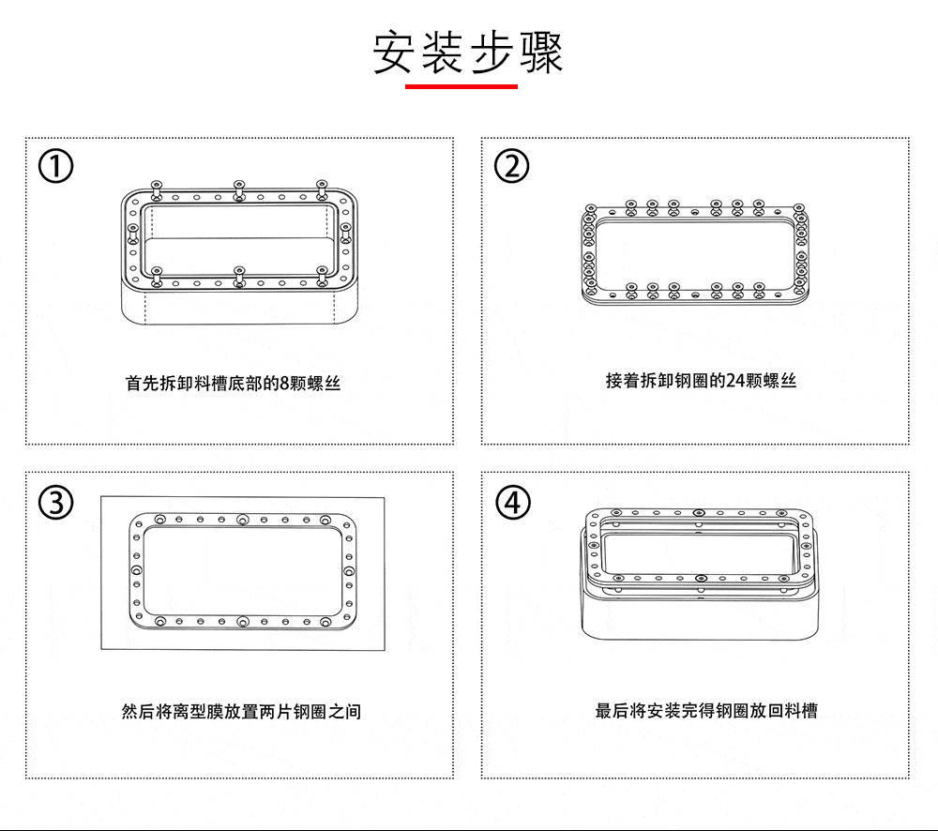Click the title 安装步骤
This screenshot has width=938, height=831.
pos(468,53)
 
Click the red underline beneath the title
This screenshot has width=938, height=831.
pos(461,86)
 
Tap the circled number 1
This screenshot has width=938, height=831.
pos(56,167)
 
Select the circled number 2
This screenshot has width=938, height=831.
pos(511,167)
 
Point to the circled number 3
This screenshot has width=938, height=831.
pos(56,503)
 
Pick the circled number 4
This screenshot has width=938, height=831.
pos(511,503)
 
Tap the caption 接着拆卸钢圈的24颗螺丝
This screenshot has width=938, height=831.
pos(701,380)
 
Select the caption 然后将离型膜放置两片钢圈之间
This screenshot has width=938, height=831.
pos(241,711)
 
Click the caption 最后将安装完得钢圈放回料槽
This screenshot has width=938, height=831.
pos(706,710)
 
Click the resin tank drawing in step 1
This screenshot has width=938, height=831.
pos(239,253)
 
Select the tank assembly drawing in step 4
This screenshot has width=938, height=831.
pos(699,572)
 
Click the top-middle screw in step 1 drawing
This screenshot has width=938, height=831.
pos(239,188)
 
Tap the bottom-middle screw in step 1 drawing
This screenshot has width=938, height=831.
pos(238,275)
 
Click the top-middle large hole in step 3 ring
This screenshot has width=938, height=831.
pos(243,519)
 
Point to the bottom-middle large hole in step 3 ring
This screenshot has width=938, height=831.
pos(243,621)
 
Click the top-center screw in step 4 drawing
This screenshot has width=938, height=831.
pos(699,513)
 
